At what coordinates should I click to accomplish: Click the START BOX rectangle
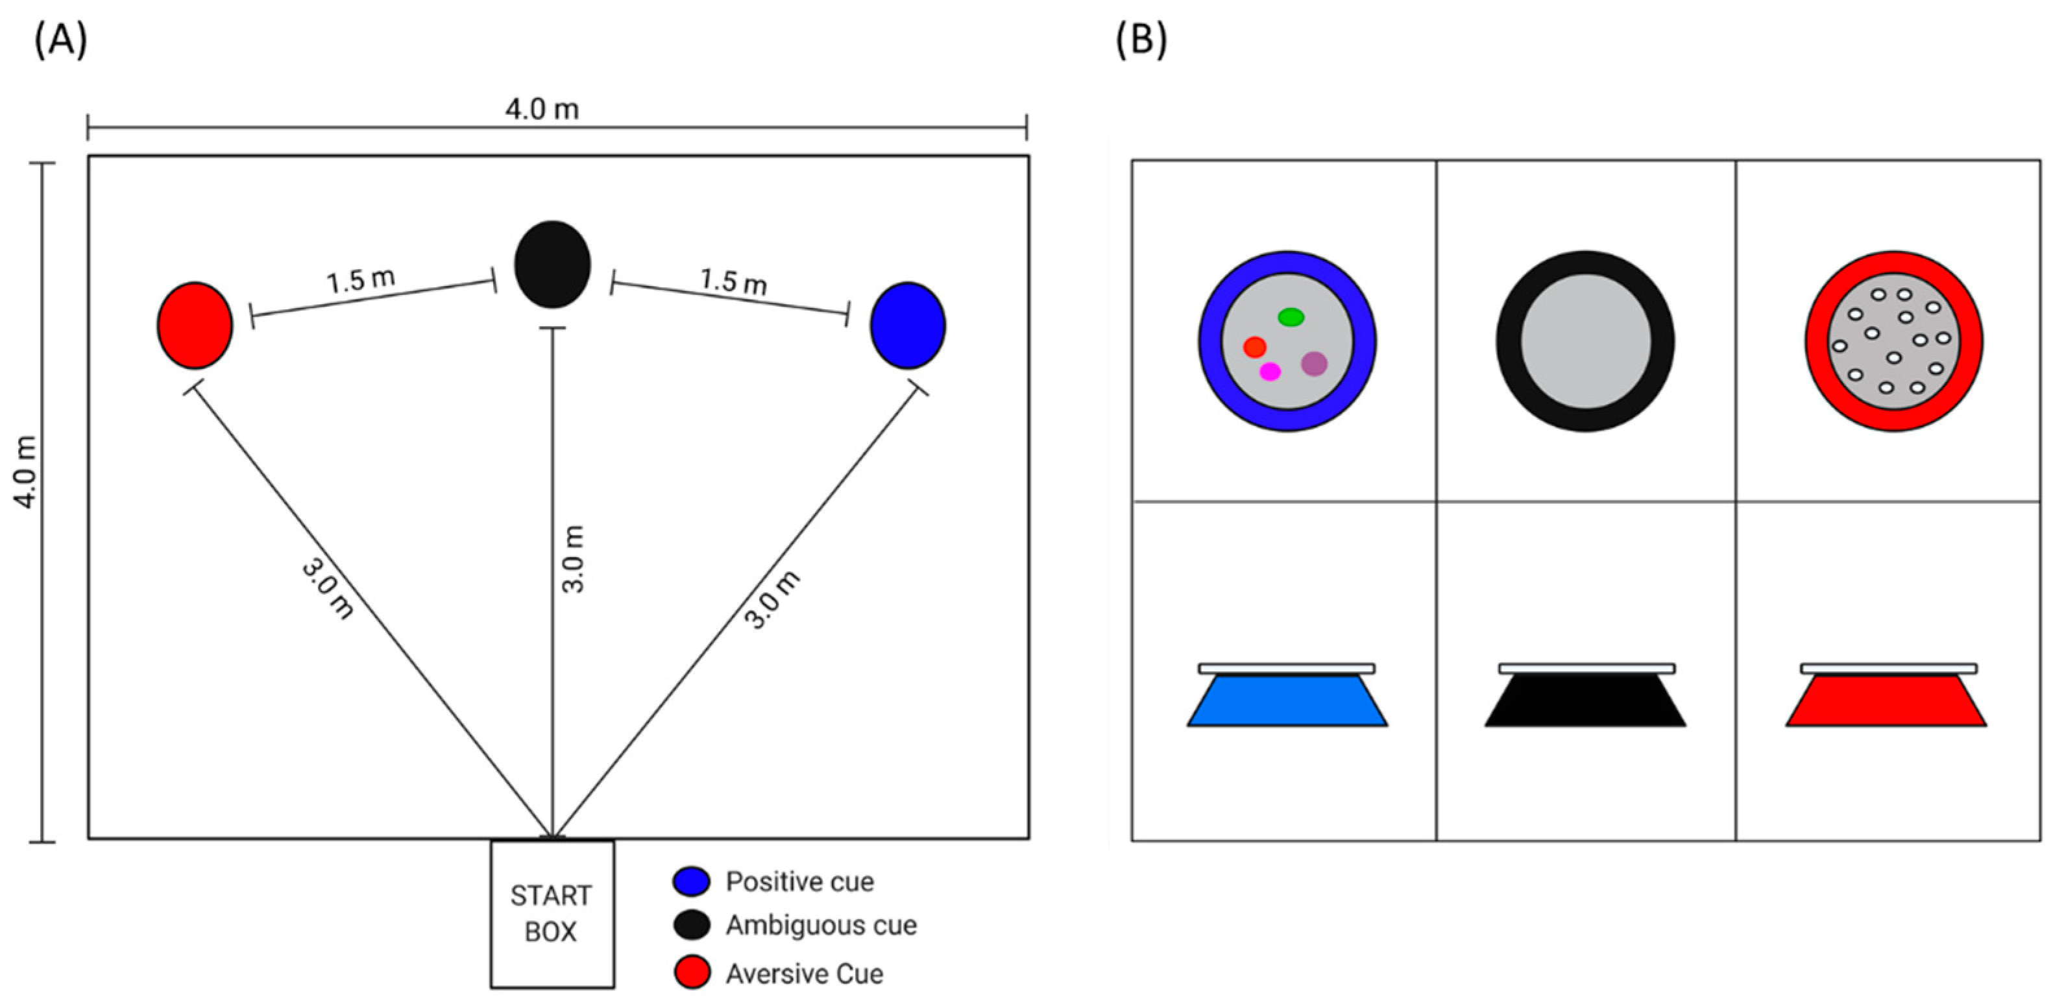tap(552, 913)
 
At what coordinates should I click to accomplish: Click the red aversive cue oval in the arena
tap(195, 325)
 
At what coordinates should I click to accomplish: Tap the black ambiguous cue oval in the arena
tap(552, 265)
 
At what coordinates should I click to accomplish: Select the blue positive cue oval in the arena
tap(908, 325)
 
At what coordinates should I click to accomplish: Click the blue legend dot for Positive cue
tap(691, 881)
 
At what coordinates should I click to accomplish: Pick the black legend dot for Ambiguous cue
tap(691, 925)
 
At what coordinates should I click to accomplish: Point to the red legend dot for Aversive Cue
tap(691, 973)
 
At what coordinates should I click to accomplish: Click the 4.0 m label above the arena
tap(542, 109)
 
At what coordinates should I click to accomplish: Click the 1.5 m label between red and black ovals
tap(360, 280)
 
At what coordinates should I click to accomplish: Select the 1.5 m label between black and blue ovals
tap(733, 281)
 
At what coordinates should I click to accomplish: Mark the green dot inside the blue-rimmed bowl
tap(1291, 317)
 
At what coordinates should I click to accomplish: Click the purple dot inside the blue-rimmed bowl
tap(1314, 363)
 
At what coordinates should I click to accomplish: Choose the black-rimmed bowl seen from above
tap(1585, 341)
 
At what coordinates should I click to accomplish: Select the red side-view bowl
tap(1886, 700)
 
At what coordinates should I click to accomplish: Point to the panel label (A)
tap(60, 40)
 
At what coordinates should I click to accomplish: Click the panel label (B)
tap(1141, 40)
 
